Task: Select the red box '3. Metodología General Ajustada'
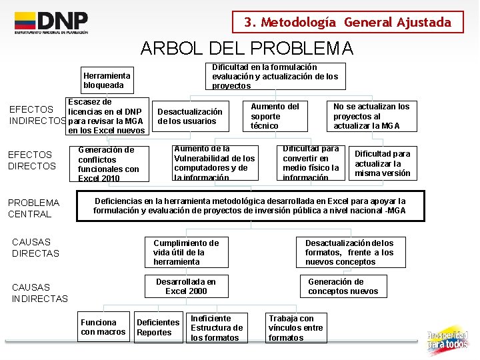click(x=347, y=22)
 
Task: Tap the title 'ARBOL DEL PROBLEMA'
click(x=247, y=49)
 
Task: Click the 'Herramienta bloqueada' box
click(x=107, y=81)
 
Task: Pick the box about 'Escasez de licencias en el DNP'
click(x=107, y=116)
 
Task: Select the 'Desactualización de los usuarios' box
click(x=190, y=116)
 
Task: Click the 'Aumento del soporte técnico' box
click(x=275, y=116)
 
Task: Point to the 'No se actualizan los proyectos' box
click(x=371, y=116)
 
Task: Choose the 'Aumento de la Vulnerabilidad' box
click(x=214, y=163)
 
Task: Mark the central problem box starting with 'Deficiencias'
click(x=250, y=206)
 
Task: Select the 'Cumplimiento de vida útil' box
click(x=186, y=252)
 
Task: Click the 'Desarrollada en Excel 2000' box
click(x=186, y=286)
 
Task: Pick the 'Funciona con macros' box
click(x=103, y=327)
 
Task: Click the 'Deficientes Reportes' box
click(x=158, y=327)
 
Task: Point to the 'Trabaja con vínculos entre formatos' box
click(x=295, y=328)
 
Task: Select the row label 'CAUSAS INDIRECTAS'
click(x=40, y=293)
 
